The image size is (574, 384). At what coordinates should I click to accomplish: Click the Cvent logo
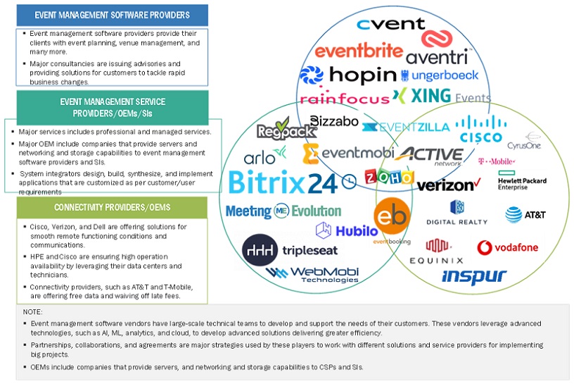[390, 25]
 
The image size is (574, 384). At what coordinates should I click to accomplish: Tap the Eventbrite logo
[359, 51]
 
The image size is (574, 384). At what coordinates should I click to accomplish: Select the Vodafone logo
[507, 247]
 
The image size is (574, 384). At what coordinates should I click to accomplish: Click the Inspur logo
[473, 275]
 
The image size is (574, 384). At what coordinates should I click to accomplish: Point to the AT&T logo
[525, 214]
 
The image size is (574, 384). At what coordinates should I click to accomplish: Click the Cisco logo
[478, 130]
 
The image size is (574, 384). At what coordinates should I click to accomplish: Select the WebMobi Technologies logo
[307, 274]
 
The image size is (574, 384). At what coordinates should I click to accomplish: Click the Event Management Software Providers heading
[113, 15]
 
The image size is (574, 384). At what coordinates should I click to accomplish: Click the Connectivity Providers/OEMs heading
[113, 206]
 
